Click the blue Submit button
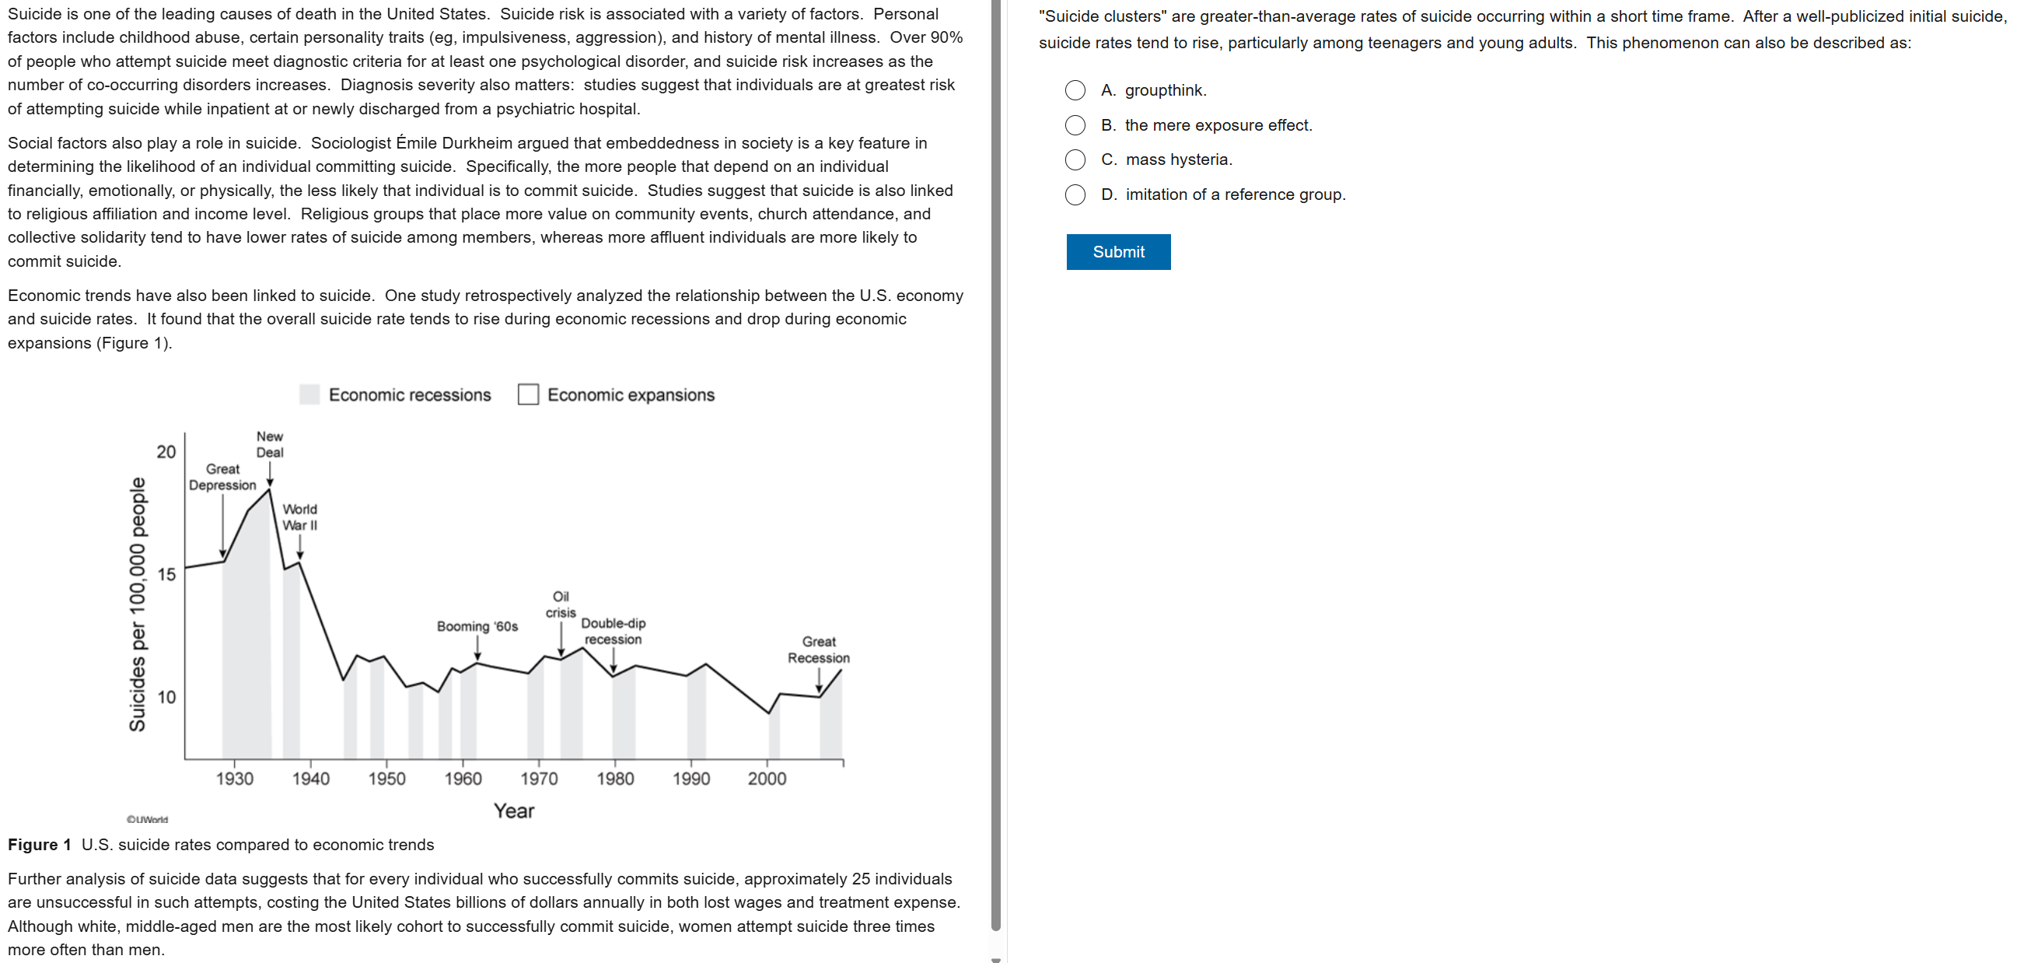coord(1117,251)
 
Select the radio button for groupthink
coord(1075,90)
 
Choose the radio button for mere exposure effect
coord(1075,125)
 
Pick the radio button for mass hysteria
coord(1075,159)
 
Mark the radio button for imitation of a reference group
coord(1075,194)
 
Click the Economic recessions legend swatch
coord(309,394)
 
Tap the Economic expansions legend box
coord(528,394)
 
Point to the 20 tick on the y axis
coord(166,452)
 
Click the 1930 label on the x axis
coord(234,778)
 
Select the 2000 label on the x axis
coord(767,778)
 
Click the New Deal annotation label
coord(269,444)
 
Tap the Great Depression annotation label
coord(222,476)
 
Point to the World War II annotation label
coord(300,517)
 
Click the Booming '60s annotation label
coord(477,626)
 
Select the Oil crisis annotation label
coord(561,604)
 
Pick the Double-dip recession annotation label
coord(613,631)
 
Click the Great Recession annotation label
coord(818,650)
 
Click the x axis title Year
coord(514,811)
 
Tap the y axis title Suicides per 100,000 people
coord(137,604)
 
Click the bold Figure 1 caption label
coord(39,845)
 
